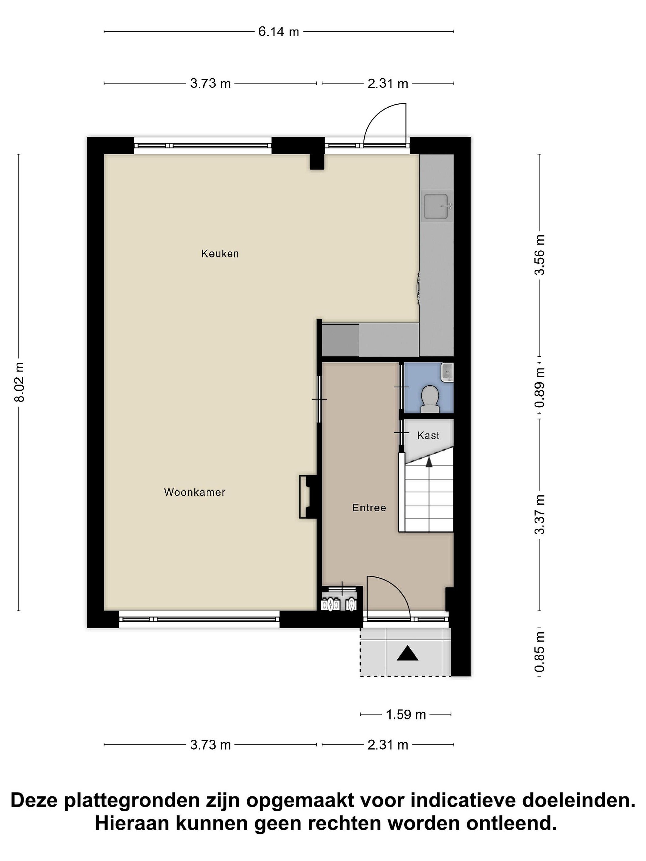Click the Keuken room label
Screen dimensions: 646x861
pyautogui.click(x=220, y=254)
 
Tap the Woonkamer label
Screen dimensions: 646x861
pyautogui.click(x=195, y=492)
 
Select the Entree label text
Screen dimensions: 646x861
pyautogui.click(x=369, y=508)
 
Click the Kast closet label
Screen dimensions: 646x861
pyautogui.click(x=428, y=436)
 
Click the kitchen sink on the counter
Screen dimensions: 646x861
pyautogui.click(x=438, y=206)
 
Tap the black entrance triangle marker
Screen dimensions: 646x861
pyautogui.click(x=407, y=653)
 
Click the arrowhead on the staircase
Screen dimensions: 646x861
pyautogui.click(x=429, y=462)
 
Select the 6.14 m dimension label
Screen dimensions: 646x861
pyautogui.click(x=278, y=31)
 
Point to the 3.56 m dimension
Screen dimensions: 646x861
pyautogui.click(x=540, y=255)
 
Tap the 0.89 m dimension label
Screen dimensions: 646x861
pyautogui.click(x=540, y=388)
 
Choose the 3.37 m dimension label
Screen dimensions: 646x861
pyautogui.click(x=540, y=515)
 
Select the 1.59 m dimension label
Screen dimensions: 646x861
pyautogui.click(x=406, y=715)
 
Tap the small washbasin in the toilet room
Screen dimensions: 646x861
pyautogui.click(x=447, y=372)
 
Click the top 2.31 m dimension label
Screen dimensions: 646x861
pyautogui.click(x=387, y=83)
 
